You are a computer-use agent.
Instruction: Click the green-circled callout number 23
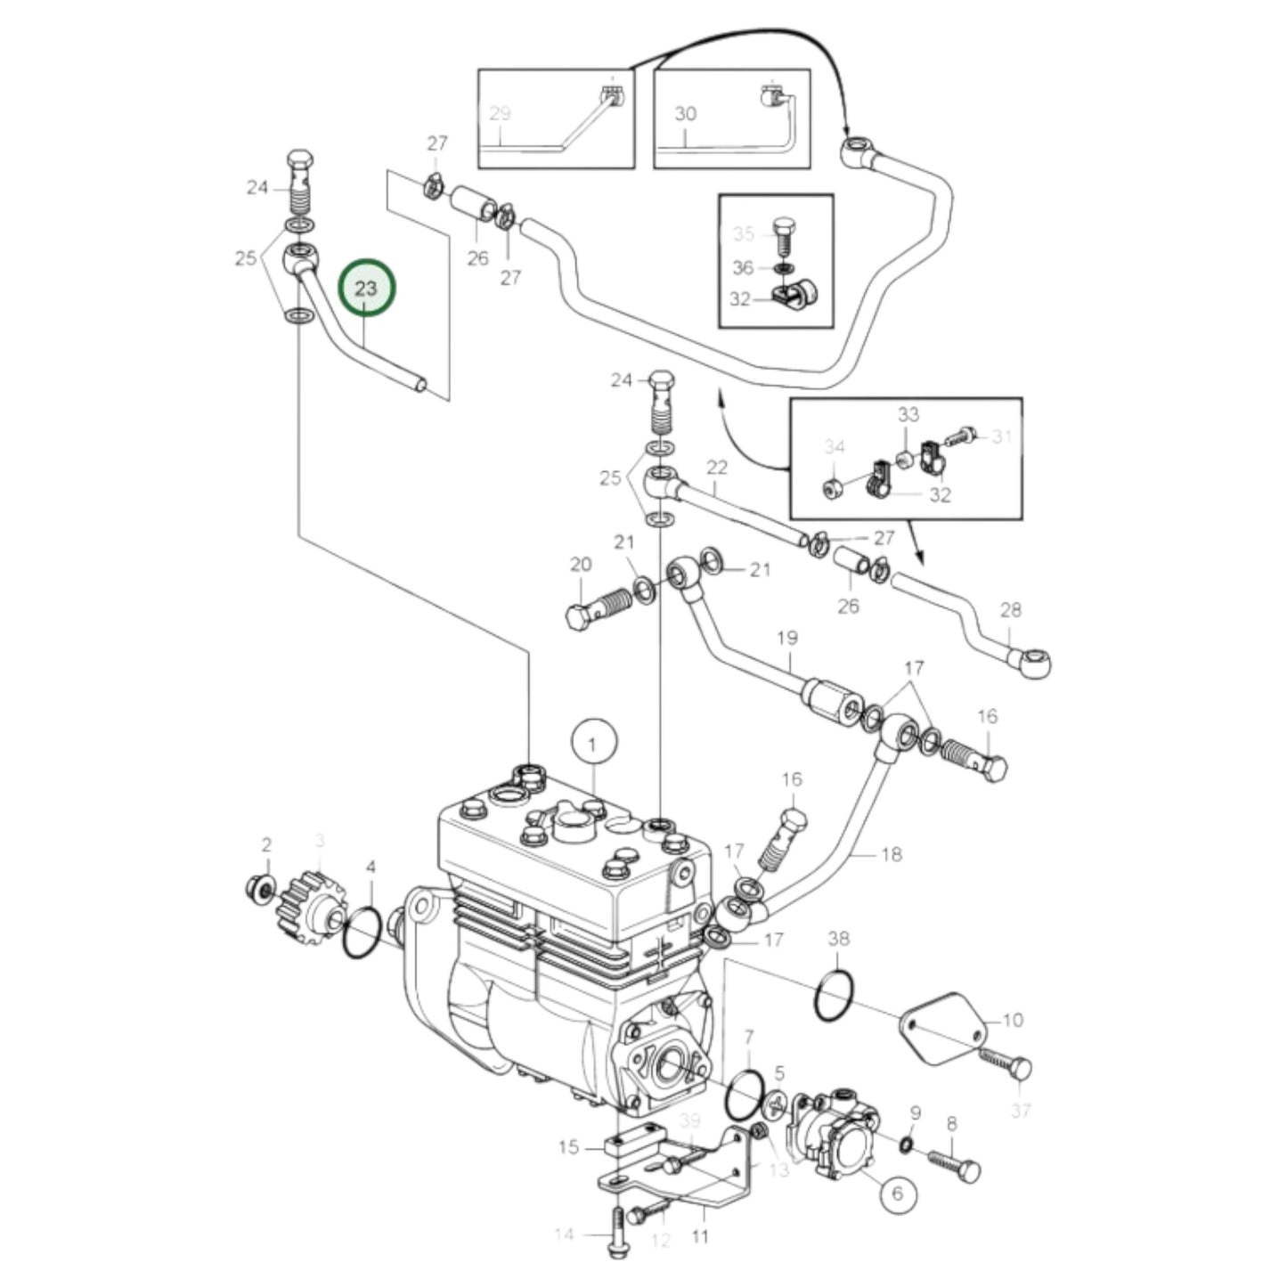coord(367,288)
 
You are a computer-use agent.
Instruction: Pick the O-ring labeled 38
coord(834,996)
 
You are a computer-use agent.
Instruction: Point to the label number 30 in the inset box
coord(685,114)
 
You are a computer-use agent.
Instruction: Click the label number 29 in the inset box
coord(500,113)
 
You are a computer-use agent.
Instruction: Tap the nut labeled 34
coord(834,487)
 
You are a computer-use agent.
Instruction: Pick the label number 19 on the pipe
coord(786,638)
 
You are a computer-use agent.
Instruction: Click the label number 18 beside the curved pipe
coord(891,854)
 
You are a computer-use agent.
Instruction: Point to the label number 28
coord(1010,610)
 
